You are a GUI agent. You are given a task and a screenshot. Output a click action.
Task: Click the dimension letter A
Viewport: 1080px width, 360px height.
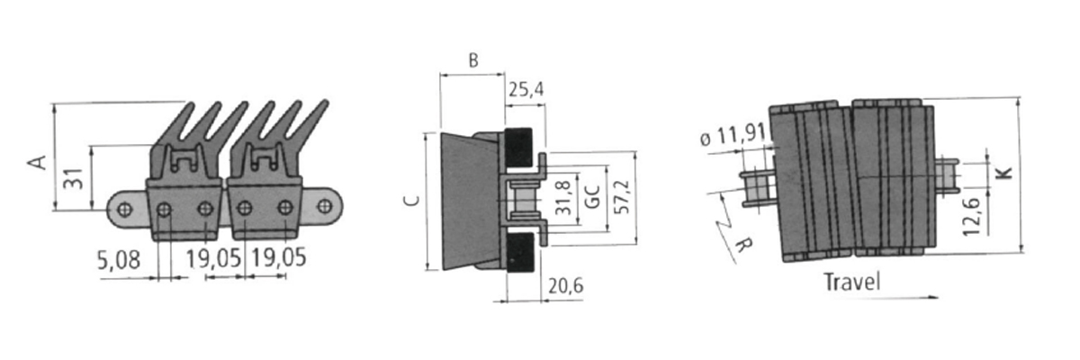pyautogui.click(x=37, y=162)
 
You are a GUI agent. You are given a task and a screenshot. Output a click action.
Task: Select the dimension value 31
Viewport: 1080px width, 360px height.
pyautogui.click(x=74, y=178)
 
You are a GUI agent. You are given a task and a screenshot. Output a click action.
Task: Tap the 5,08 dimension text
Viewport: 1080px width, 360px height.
pyautogui.click(x=119, y=260)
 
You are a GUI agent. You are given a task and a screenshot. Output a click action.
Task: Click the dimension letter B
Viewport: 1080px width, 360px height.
pyautogui.click(x=473, y=60)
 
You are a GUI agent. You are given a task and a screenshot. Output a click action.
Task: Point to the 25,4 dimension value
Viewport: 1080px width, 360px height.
pyautogui.click(x=526, y=89)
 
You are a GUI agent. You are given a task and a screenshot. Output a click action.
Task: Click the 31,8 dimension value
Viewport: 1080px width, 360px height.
pyautogui.click(x=563, y=197)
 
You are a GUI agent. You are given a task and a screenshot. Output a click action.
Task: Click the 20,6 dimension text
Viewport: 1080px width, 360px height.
pyautogui.click(x=565, y=286)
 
